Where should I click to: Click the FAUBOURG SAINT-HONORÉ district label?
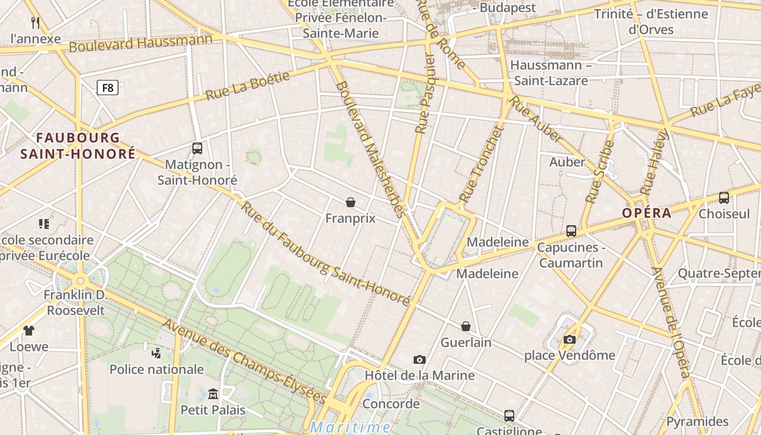pos(78,146)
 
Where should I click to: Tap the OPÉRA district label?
pos(647,213)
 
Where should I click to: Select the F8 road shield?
pos(108,87)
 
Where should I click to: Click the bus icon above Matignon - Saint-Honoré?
pos(197,148)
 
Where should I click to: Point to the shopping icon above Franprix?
pos(351,202)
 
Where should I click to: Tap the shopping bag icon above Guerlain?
pos(466,326)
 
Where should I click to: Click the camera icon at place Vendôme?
pos(569,340)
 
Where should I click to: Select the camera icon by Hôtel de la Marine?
pos(419,359)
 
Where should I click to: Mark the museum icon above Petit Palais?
pos(213,394)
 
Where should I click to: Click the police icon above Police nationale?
pos(157,353)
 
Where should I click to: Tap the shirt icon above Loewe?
pos(29,330)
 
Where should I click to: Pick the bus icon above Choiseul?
pos(724,198)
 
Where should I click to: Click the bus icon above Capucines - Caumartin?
pos(571,231)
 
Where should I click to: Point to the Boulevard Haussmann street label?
pos(140,43)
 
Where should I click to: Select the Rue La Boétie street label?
pos(248,86)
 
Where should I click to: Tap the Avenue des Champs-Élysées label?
pos(244,362)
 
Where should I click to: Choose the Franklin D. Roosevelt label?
pos(77,303)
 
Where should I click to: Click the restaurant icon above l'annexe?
pos(36,22)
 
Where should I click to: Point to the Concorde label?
pos(391,404)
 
